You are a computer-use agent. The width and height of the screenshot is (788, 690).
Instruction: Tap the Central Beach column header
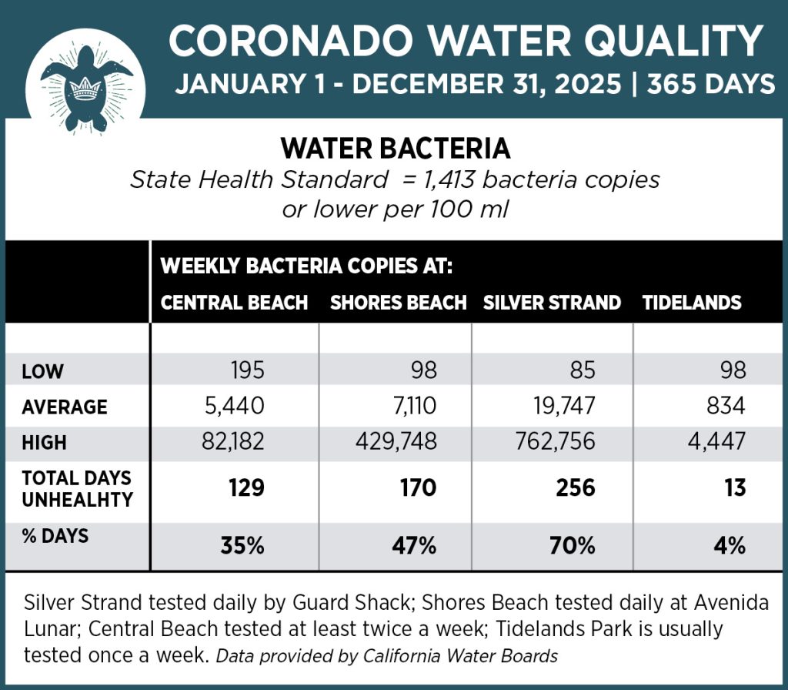click(x=234, y=303)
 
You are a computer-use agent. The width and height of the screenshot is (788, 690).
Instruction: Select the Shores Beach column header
click(x=398, y=303)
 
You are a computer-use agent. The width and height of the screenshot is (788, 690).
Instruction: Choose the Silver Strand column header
click(x=552, y=303)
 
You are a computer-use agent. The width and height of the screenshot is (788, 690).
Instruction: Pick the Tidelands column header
click(x=692, y=303)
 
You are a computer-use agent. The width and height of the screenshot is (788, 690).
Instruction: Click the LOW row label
click(x=43, y=373)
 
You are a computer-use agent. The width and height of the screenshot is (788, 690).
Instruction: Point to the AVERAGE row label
click(x=65, y=407)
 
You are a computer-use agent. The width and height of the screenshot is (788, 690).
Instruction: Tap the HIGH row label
click(x=45, y=443)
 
